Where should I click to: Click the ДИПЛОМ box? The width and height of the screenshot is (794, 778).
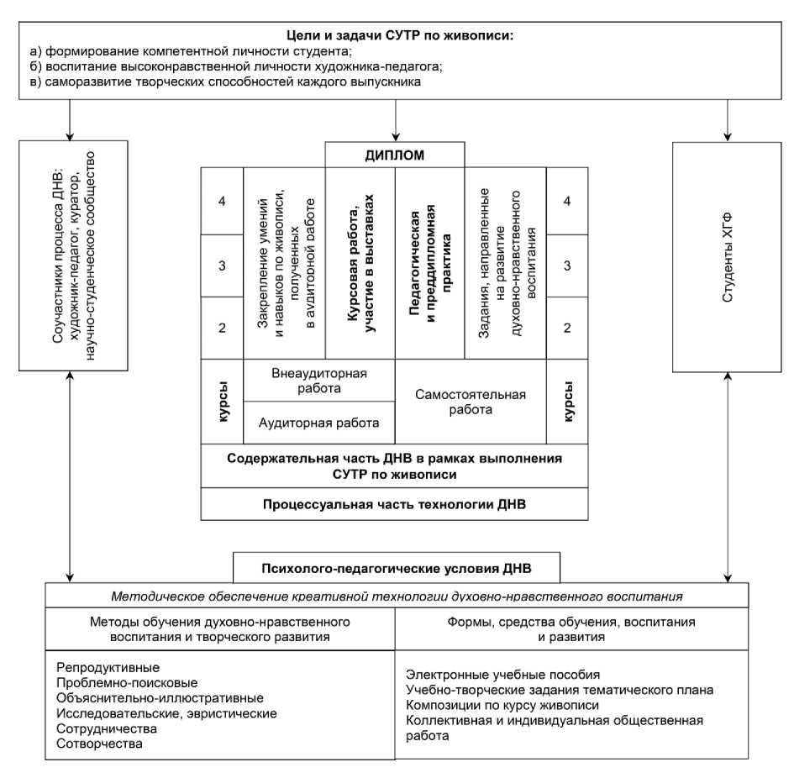(x=395, y=155)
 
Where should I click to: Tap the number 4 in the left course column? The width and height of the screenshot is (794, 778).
(x=222, y=202)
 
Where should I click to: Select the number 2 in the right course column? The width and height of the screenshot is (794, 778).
(x=568, y=327)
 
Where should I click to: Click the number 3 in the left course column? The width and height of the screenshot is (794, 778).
(x=222, y=265)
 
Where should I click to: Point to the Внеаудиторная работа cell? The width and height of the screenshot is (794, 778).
(x=319, y=381)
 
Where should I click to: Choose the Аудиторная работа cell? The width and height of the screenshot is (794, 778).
(x=319, y=423)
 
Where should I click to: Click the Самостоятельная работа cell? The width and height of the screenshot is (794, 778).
(x=471, y=402)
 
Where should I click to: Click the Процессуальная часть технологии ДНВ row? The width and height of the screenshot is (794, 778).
(x=395, y=504)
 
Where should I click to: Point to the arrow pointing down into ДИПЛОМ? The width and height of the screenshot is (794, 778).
(x=395, y=131)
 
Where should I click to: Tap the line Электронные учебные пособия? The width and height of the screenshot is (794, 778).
(x=502, y=675)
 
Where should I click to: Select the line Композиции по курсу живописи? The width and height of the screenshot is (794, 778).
(x=502, y=705)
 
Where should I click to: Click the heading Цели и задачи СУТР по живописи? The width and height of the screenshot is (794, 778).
(x=394, y=35)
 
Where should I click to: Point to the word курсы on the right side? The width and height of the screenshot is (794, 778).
(x=568, y=402)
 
